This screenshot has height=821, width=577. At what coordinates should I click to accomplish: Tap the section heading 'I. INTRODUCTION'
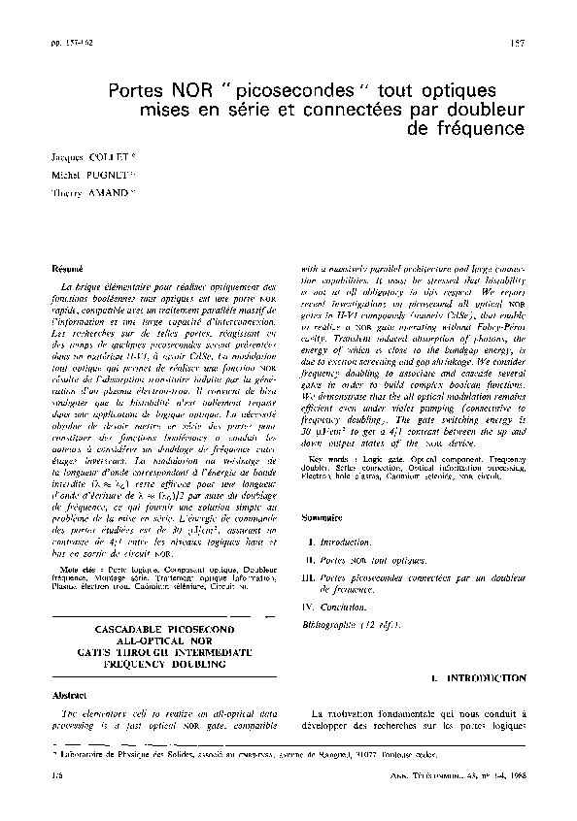479,679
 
